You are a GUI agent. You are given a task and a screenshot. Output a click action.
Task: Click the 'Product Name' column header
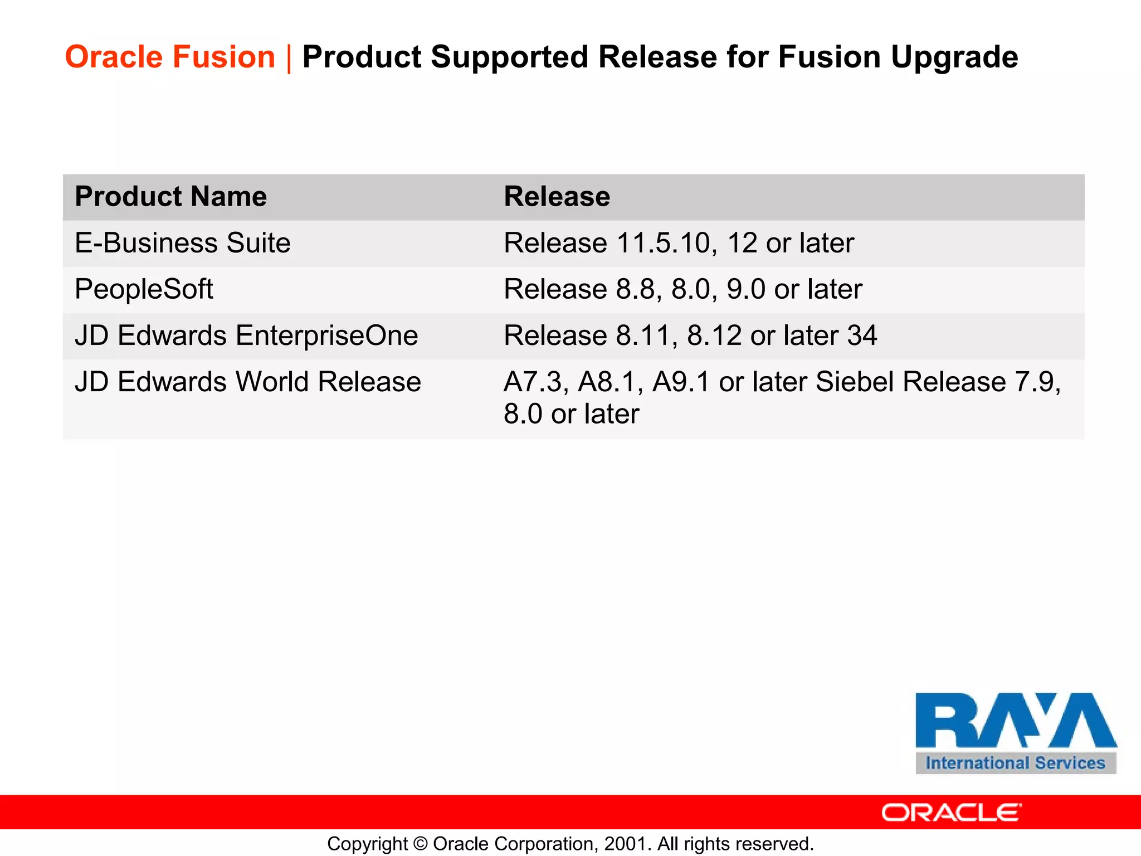(170, 197)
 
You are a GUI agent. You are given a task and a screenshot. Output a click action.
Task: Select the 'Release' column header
(557, 197)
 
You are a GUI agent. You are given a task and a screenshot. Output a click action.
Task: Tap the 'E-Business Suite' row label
(182, 244)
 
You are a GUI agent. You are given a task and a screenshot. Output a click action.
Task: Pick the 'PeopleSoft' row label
(144, 289)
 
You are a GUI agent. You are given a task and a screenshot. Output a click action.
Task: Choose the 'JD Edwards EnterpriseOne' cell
(246, 335)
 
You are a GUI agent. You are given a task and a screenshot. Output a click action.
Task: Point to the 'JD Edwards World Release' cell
(248, 382)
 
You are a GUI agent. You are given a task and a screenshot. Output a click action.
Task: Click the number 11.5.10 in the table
(663, 244)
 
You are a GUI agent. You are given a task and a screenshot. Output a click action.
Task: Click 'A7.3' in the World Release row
(535, 382)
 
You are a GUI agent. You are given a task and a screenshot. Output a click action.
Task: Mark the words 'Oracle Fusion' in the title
(170, 57)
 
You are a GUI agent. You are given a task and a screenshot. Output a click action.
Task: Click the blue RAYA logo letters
(1015, 720)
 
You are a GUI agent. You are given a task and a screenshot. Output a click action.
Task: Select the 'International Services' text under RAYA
(1015, 763)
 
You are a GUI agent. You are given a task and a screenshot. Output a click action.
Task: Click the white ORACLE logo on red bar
(952, 813)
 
